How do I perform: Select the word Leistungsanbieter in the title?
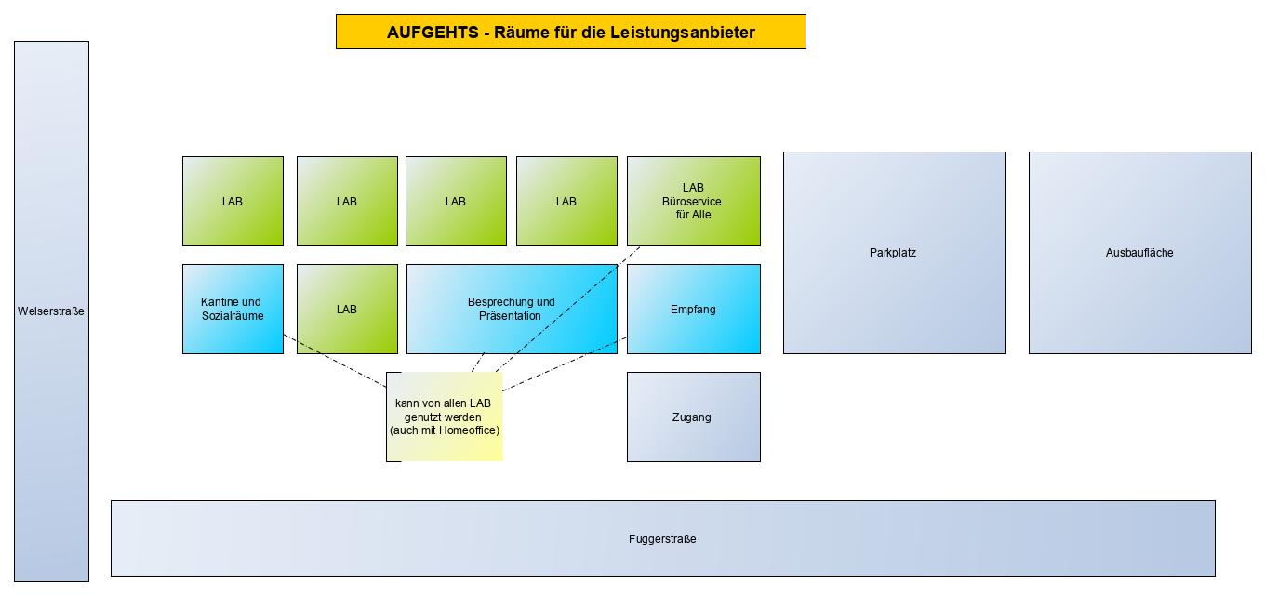(x=683, y=33)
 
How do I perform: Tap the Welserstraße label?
(x=51, y=311)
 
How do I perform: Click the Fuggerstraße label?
(x=662, y=539)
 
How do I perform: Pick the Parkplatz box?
(x=894, y=253)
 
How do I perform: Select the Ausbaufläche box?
(x=1139, y=253)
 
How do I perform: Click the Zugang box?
(x=693, y=417)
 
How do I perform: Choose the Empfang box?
(x=693, y=310)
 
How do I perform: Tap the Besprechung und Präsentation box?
(x=512, y=309)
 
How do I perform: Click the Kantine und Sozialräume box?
(x=233, y=309)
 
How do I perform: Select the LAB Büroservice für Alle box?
(x=693, y=201)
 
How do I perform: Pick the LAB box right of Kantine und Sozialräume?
(x=347, y=310)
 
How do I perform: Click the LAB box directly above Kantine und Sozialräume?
(x=233, y=201)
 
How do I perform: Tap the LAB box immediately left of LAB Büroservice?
(x=566, y=201)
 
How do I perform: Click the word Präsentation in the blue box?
(x=512, y=316)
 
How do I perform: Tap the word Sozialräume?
(x=233, y=316)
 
